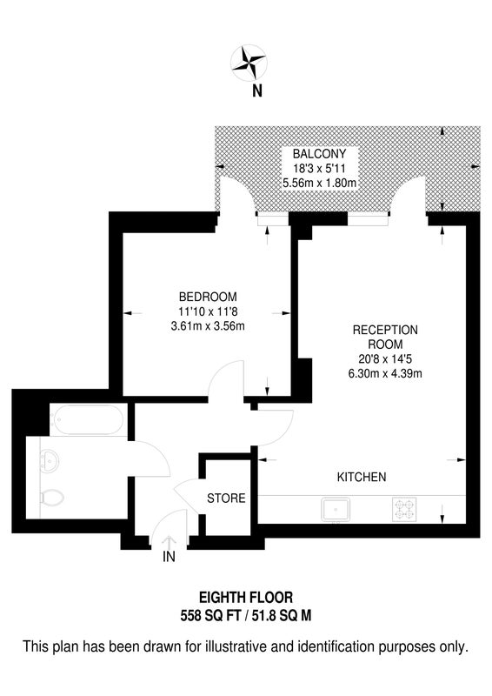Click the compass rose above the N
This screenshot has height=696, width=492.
[249, 63]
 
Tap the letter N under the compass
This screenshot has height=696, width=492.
[257, 91]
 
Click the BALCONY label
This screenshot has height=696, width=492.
[319, 154]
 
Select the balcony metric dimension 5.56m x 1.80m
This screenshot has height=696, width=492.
[319, 183]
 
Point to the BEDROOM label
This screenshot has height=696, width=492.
[208, 297]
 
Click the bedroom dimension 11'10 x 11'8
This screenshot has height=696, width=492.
[208, 311]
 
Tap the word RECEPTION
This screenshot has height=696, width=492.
[385, 330]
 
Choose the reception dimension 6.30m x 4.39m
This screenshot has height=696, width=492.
[385, 373]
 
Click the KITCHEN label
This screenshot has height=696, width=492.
[362, 477]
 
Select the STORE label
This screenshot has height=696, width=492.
[226, 498]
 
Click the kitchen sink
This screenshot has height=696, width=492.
[336, 509]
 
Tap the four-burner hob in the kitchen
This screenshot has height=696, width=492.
[404, 509]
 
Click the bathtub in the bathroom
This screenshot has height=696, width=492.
[87, 419]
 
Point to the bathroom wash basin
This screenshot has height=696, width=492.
[50, 462]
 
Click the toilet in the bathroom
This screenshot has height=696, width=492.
[52, 498]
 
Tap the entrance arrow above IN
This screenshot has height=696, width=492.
[169, 542]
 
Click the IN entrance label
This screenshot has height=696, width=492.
[169, 557]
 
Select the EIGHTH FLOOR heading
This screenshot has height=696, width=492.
[246, 598]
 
